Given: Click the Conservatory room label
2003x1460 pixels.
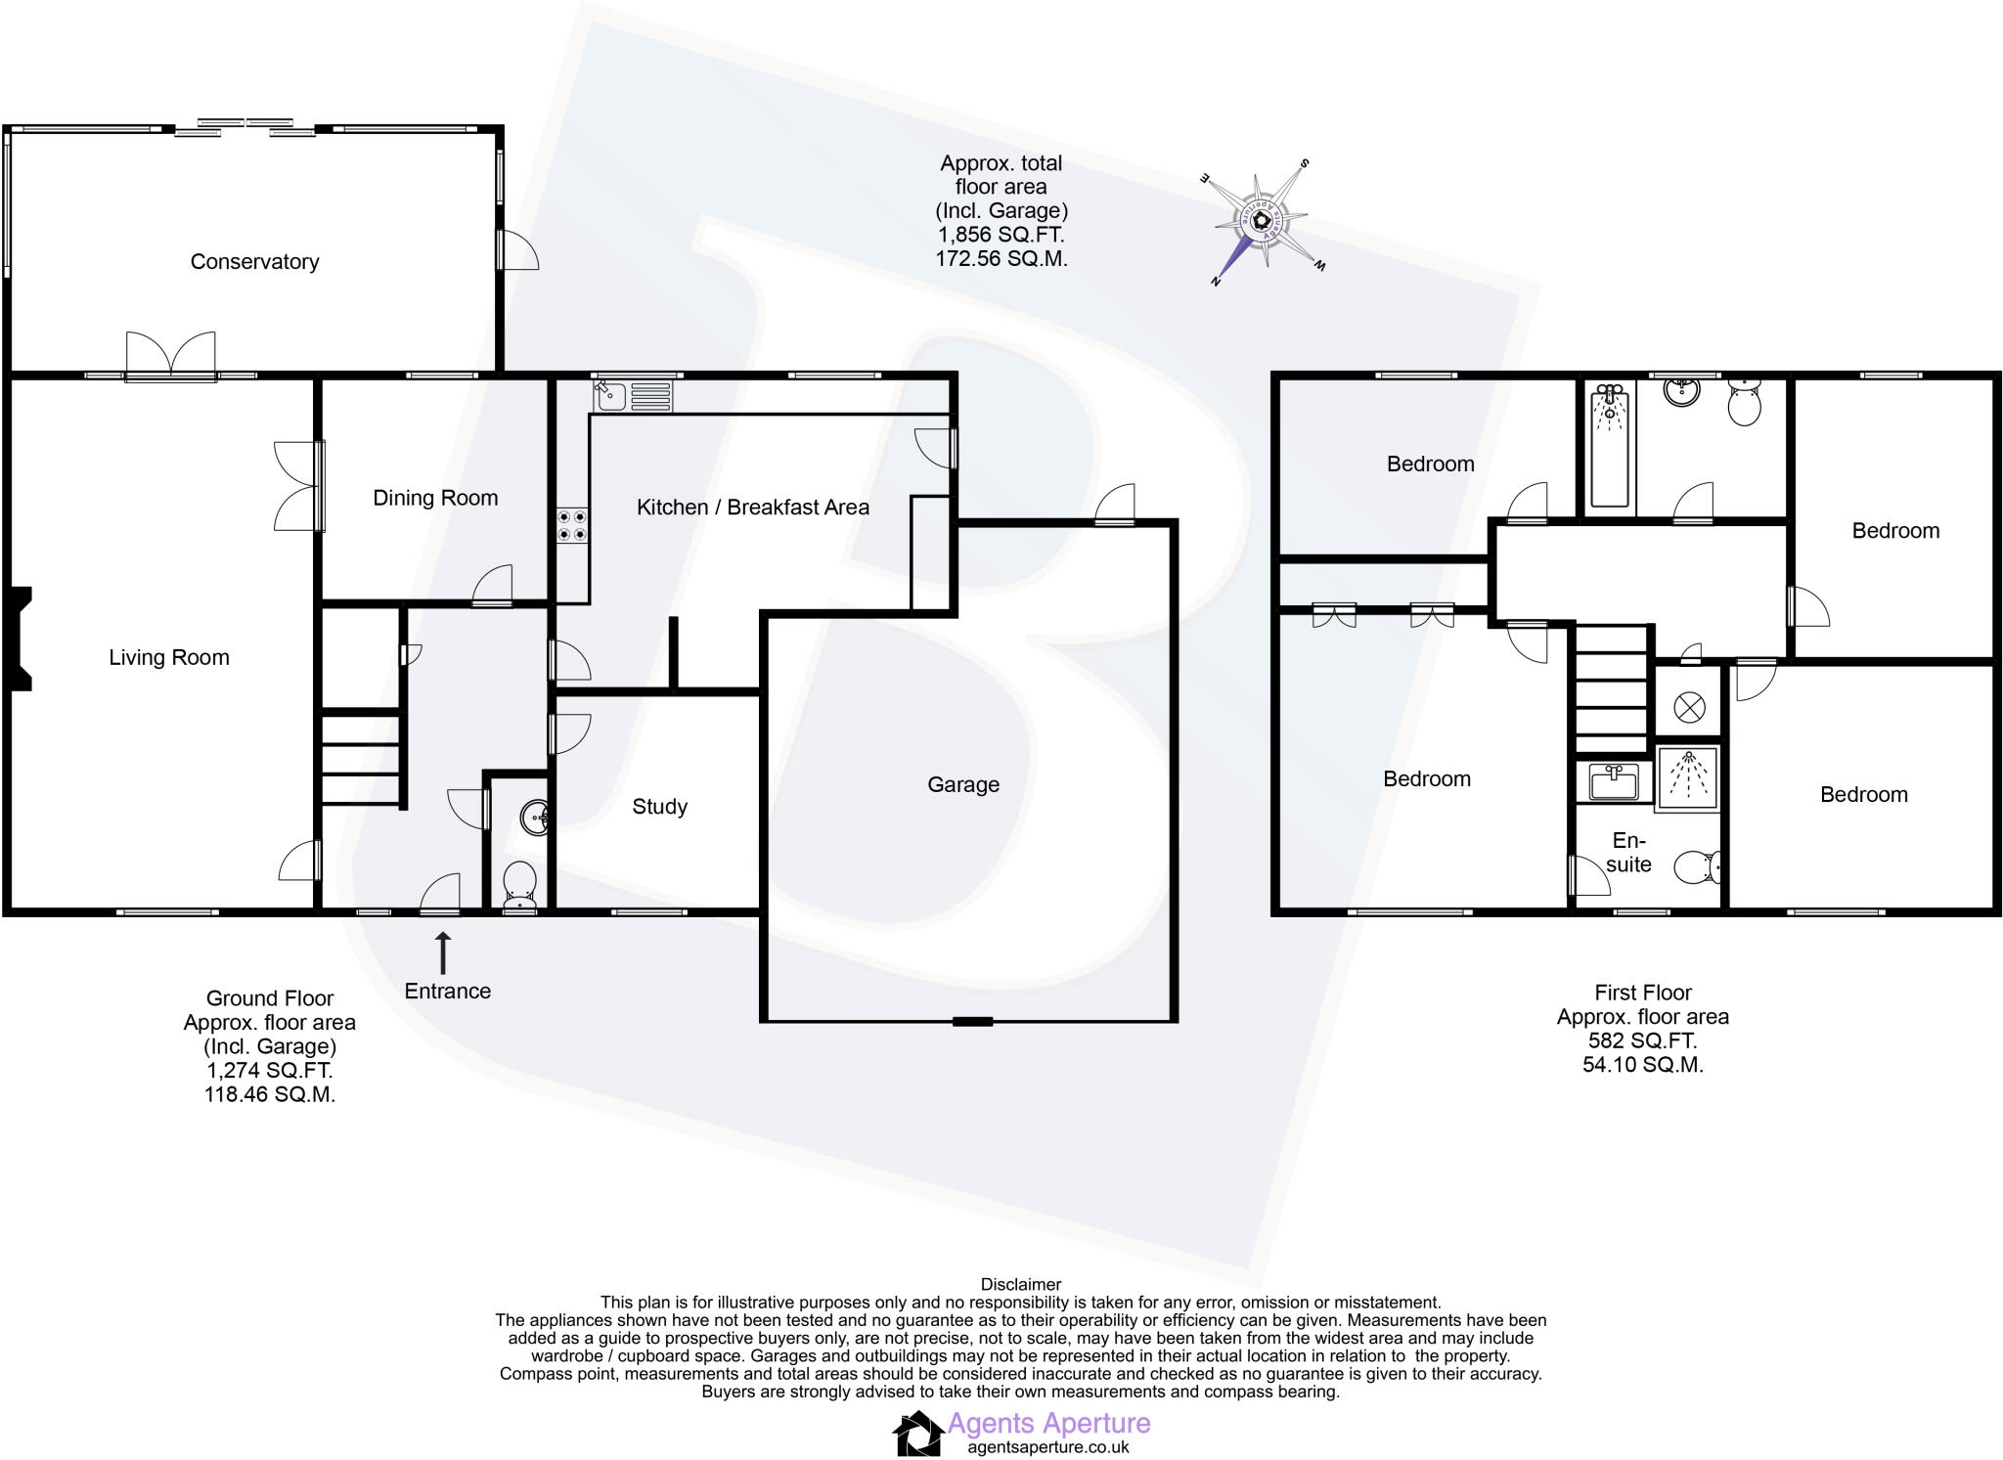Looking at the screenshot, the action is point(254,262).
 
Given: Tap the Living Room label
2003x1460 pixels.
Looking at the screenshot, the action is point(169,658).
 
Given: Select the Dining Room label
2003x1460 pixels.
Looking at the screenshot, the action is point(435,499).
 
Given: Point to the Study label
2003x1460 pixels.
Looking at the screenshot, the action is point(660,807).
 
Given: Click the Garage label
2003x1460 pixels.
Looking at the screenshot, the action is point(963,785).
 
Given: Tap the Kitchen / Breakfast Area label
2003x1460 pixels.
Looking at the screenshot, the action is point(753,508).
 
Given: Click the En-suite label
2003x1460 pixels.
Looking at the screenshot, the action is point(1628,853).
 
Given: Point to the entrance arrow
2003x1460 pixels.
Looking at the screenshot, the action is point(443,951).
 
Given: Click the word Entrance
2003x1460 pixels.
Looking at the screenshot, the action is point(448,992).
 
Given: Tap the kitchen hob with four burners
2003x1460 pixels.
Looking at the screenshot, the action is point(573,525).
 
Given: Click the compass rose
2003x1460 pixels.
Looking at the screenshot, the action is point(1263,221).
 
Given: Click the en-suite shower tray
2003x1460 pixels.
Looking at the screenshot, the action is point(1688,779).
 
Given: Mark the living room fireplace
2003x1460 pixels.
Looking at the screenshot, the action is point(20,640).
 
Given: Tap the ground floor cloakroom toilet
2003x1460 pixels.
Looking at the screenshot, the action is point(518,886).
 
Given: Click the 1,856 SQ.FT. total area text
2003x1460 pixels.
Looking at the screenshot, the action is point(1001,236).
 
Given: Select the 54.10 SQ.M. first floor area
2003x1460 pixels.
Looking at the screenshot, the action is point(1643,1065).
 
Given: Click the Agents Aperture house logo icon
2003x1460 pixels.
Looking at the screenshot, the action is point(917,1434).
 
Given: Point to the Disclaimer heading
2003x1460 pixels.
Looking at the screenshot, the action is point(1021,1285).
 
